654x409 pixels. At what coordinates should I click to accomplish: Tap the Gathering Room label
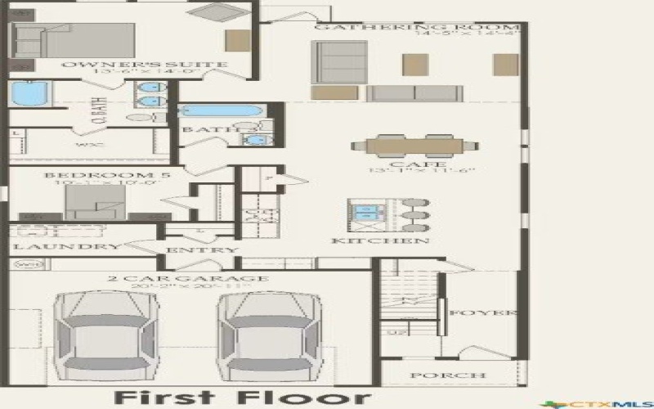click(x=375, y=26)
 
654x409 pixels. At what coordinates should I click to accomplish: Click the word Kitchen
click(x=380, y=241)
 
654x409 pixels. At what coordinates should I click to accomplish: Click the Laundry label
click(x=67, y=247)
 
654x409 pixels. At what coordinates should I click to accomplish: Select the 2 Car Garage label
click(x=188, y=279)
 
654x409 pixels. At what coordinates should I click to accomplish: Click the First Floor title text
click(x=241, y=398)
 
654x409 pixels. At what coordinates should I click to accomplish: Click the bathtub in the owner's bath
click(x=29, y=94)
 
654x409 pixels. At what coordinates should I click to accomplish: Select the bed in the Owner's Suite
click(x=74, y=40)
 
